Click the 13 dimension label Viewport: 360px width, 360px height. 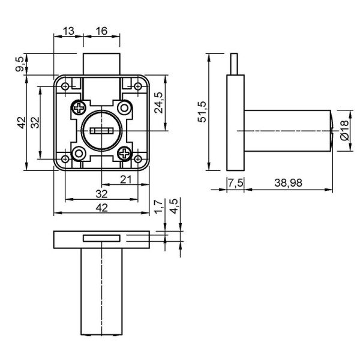(x=68, y=31)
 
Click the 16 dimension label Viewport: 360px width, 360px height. (x=101, y=31)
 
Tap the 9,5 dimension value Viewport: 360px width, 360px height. (x=20, y=64)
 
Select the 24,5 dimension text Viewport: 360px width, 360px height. (x=158, y=103)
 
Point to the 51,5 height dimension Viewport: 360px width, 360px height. (x=203, y=112)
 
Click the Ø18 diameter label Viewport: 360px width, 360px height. (x=344, y=130)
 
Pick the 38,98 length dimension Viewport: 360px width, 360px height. (x=289, y=183)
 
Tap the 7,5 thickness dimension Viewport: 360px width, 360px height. (x=236, y=183)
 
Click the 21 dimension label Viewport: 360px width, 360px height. (x=125, y=179)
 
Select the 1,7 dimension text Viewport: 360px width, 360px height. (x=158, y=206)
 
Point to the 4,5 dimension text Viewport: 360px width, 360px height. (x=174, y=206)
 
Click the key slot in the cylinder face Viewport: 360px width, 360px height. (x=102, y=131)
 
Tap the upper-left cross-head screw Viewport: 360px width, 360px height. (x=79, y=107)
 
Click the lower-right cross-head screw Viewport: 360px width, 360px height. (x=125, y=153)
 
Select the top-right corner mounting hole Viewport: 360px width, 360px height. (x=138, y=86)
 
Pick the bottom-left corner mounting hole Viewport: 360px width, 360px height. (x=65, y=158)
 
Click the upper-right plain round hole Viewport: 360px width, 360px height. (x=125, y=107)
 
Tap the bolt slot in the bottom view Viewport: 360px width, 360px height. (x=101, y=238)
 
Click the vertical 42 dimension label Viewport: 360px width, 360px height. (x=22, y=123)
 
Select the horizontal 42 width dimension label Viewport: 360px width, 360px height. (x=101, y=208)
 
